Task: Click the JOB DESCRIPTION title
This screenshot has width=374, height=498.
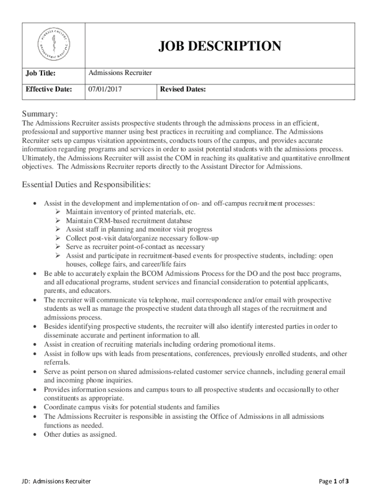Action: coord(220,46)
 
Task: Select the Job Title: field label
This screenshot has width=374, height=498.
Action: coord(40,73)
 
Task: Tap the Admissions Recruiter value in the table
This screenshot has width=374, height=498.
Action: coord(120,73)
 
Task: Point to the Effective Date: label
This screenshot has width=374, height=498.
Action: coord(49,89)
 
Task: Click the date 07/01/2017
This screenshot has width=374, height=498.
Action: coord(104,89)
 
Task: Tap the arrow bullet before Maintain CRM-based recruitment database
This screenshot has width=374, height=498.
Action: coord(57,221)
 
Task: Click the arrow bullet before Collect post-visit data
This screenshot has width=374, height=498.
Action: coord(57,238)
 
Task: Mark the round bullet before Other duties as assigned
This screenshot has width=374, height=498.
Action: coord(35,435)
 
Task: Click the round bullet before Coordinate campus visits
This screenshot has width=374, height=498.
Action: coord(35,407)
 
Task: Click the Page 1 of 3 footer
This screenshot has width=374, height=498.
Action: coord(334,481)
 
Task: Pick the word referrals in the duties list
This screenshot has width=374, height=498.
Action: coord(57,362)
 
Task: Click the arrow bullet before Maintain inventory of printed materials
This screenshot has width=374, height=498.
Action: coord(57,212)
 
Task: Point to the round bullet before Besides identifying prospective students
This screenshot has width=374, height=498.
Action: coord(35,327)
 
